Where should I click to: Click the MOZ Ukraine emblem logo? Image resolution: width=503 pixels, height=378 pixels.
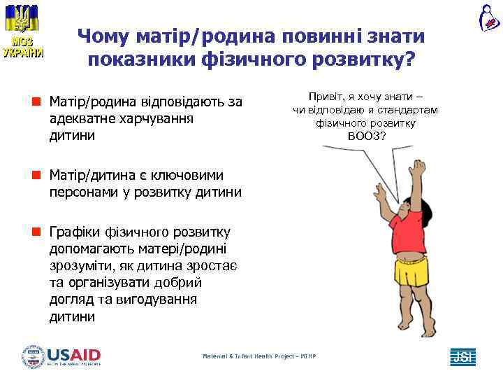click(22, 31)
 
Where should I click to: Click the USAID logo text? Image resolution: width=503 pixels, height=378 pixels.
click(73, 354)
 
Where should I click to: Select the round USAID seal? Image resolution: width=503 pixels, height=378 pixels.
click(33, 356)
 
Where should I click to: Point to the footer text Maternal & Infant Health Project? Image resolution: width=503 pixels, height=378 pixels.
click(259, 356)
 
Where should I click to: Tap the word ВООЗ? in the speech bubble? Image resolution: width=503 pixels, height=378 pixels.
click(366, 135)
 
